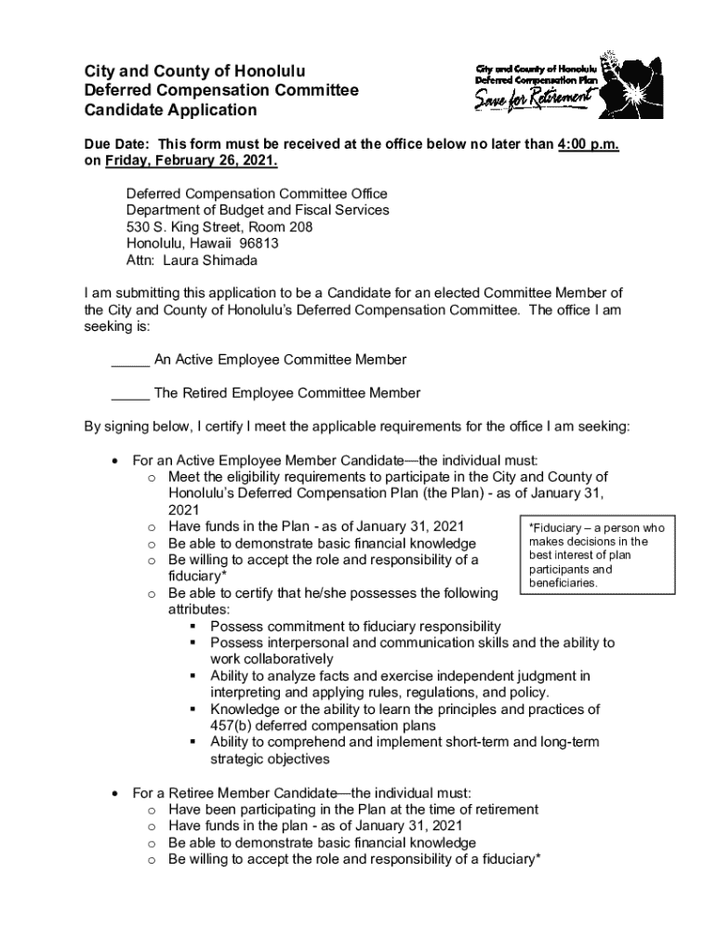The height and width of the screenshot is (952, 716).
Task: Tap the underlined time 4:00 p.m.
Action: [589, 144]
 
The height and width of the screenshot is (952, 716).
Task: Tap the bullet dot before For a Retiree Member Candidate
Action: [113, 793]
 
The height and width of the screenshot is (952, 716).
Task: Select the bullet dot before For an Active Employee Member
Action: [113, 460]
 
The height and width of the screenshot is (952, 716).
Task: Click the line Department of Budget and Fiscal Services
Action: [258, 210]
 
